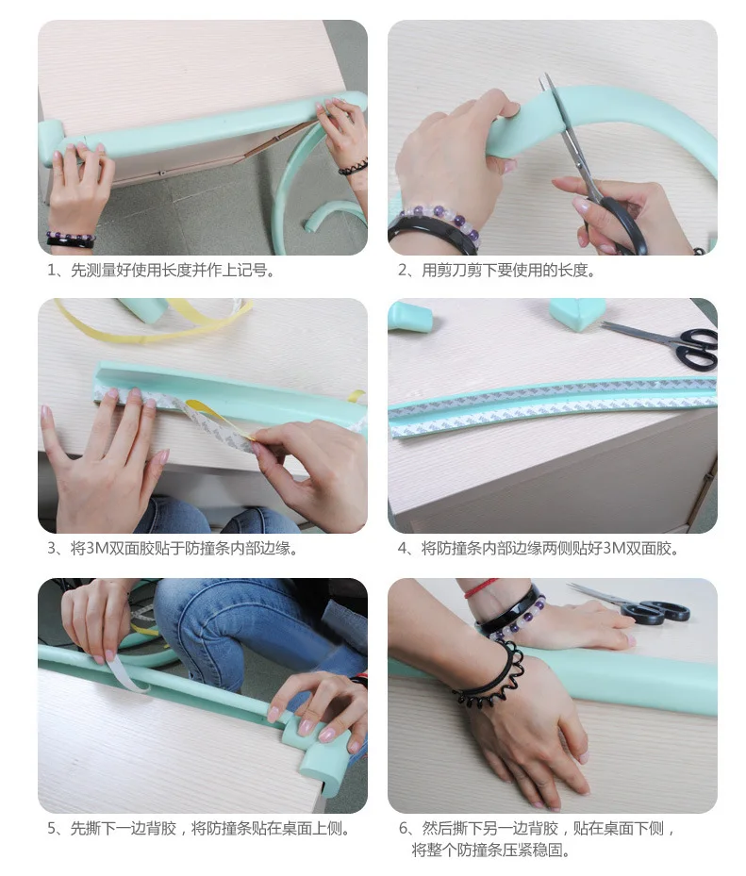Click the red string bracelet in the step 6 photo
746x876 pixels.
coord(479,588)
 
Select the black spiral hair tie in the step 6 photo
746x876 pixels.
coord(491,676)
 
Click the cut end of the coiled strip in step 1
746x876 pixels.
coord(308,226)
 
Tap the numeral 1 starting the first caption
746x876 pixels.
coord(52,271)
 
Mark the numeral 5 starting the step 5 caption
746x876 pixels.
coord(52,828)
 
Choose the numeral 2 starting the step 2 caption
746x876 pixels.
coord(403,271)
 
